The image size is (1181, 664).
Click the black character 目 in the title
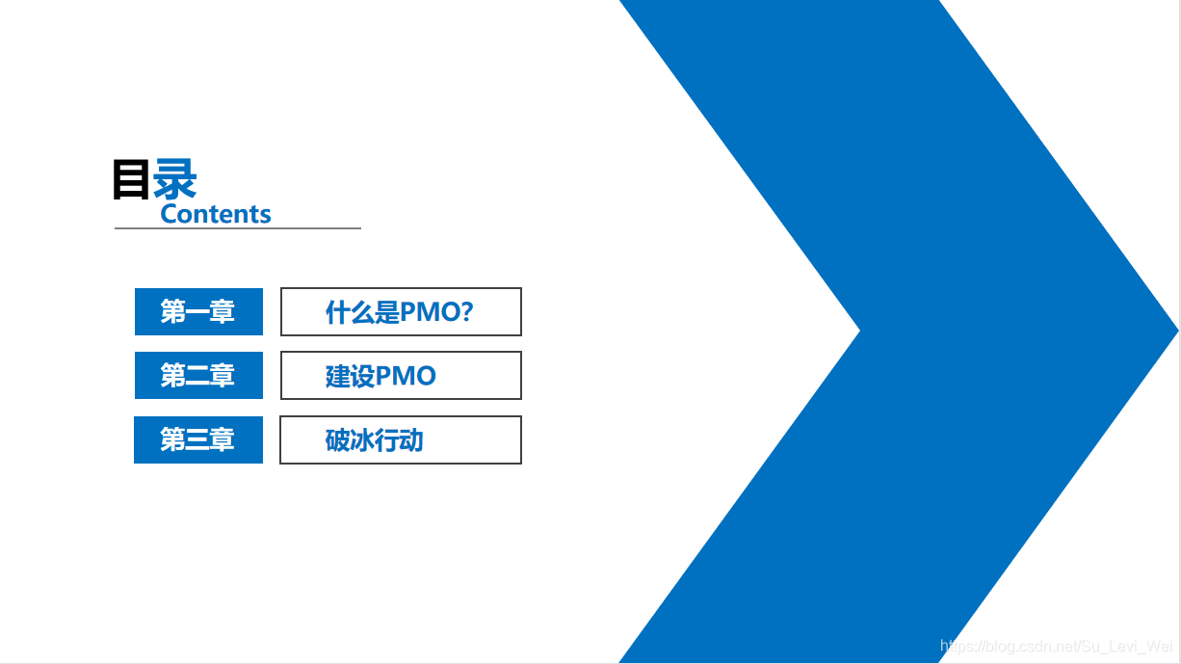pos(131,180)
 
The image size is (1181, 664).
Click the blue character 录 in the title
pos(174,179)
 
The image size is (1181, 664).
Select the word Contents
pos(216,214)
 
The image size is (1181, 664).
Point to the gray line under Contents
pos(238,228)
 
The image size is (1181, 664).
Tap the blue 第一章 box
pos(198,311)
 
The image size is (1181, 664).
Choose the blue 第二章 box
pos(198,376)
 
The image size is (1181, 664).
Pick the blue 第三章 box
pos(198,439)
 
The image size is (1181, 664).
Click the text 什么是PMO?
pos(399,311)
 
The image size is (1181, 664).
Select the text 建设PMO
pos(381,376)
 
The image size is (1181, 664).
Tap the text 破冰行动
pos(375,440)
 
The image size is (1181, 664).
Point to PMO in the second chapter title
pos(406,376)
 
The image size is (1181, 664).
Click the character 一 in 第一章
pos(197,311)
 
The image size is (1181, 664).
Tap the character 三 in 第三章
pos(197,439)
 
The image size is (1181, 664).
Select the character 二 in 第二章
pos(197,376)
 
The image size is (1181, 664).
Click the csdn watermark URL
pos(1057,646)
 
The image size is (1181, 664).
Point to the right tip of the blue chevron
pos(1178,331)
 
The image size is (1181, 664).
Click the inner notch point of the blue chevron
pos(859,331)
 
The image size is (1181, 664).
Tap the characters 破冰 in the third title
pos(350,440)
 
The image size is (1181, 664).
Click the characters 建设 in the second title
pos(351,376)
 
